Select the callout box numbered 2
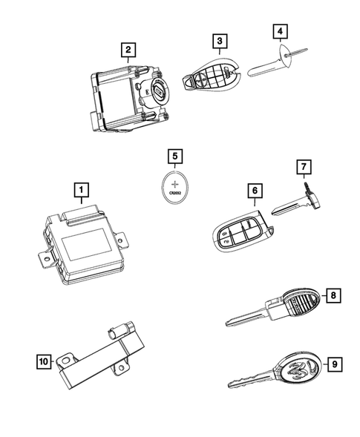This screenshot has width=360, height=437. click(129, 50)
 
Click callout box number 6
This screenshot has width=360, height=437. click(254, 191)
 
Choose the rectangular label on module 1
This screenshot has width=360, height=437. click(87, 242)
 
